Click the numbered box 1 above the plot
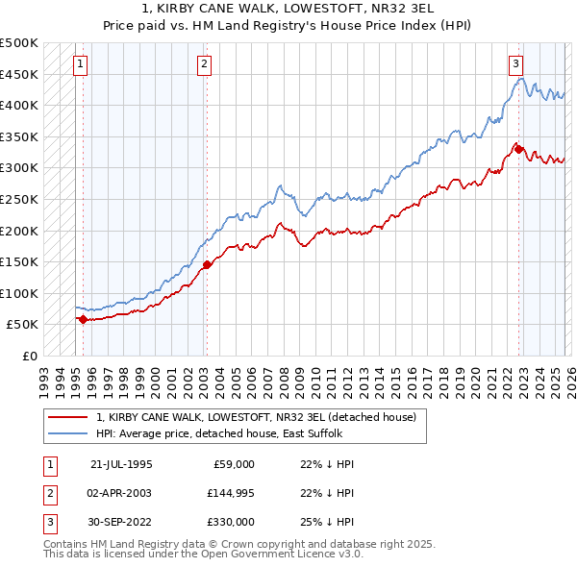coord(79,64)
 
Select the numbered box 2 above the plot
coord(205,64)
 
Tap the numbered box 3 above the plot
coord(516,64)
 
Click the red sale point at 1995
coord(83,319)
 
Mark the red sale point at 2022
coord(517,149)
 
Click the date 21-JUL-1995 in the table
coord(120,463)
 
